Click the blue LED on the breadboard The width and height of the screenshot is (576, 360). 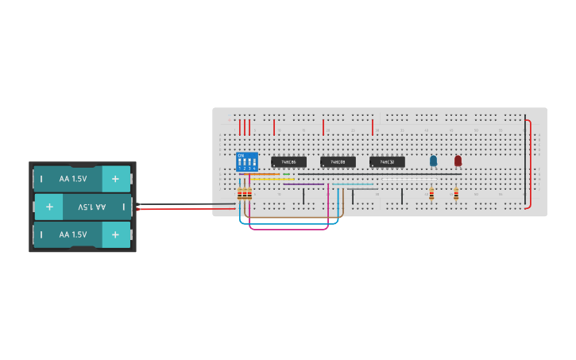[x=433, y=161]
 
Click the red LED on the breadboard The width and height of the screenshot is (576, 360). [x=458, y=161]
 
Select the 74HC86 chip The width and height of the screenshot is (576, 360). [x=288, y=162]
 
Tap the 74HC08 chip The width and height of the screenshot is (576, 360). [x=338, y=162]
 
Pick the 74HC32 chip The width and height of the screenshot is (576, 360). [x=387, y=162]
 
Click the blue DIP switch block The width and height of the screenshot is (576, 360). [x=247, y=162]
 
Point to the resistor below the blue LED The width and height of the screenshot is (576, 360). [x=431, y=193]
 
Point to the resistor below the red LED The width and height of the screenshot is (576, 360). [x=456, y=193]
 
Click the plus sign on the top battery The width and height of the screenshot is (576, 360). [x=116, y=179]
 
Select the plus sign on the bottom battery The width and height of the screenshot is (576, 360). [x=116, y=234]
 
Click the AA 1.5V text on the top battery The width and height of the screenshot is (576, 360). [x=73, y=179]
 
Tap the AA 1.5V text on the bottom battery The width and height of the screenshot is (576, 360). [x=73, y=234]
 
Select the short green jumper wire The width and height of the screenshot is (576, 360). [x=286, y=174]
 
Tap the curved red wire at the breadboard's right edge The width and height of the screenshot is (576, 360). [x=530, y=163]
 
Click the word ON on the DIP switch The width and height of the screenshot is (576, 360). [x=241, y=155]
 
